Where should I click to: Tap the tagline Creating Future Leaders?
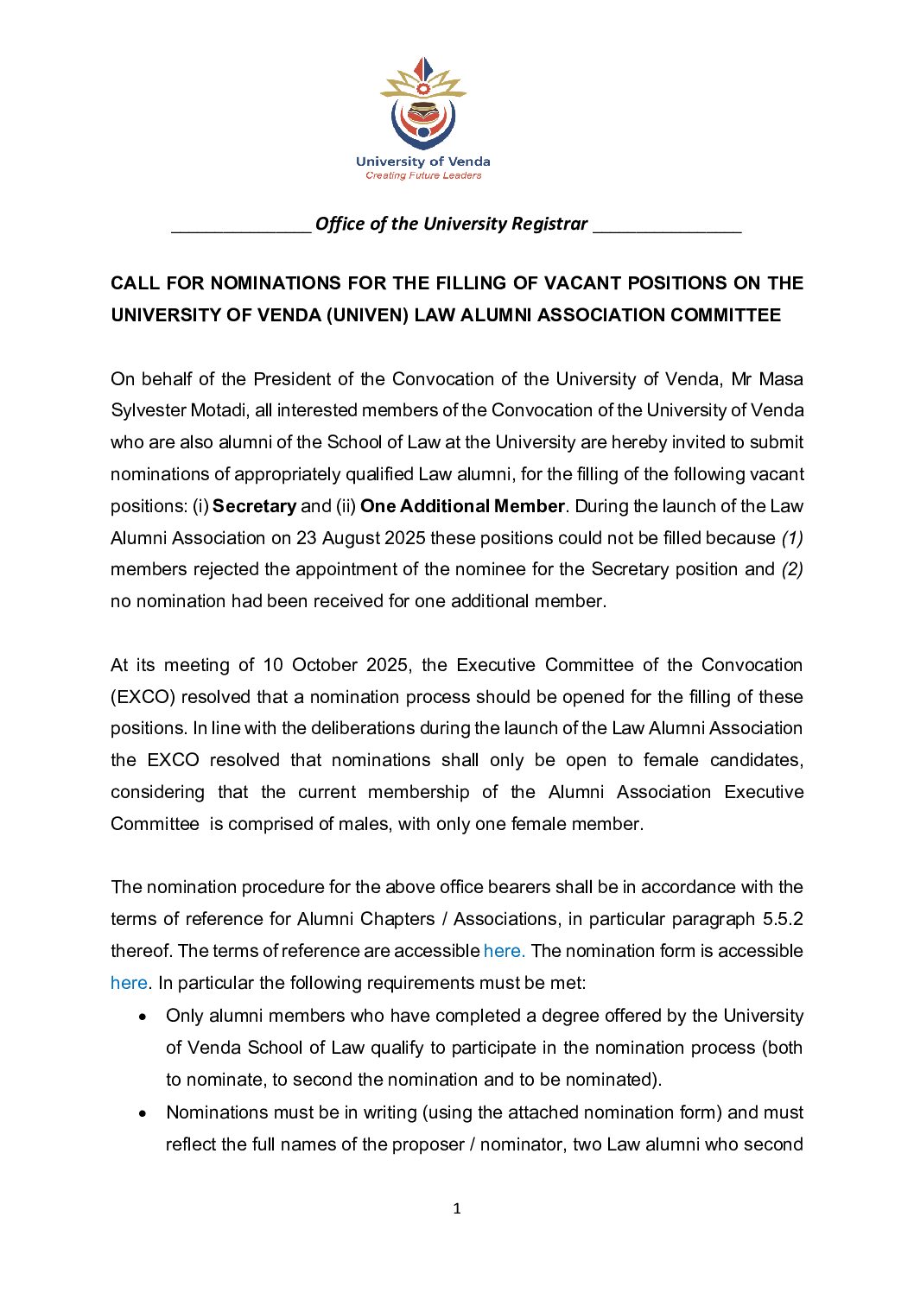click(423, 175)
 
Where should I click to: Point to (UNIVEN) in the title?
click(367, 315)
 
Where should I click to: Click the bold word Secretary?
click(254, 506)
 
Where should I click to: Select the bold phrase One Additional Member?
click(462, 506)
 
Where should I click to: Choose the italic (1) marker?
click(792, 538)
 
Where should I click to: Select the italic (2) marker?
click(792, 570)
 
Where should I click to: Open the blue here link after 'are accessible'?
click(504, 951)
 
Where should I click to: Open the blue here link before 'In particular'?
click(129, 983)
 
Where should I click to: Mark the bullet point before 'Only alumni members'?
click(143, 1017)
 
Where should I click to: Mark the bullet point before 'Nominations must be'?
click(143, 1113)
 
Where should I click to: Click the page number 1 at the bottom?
click(457, 1208)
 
